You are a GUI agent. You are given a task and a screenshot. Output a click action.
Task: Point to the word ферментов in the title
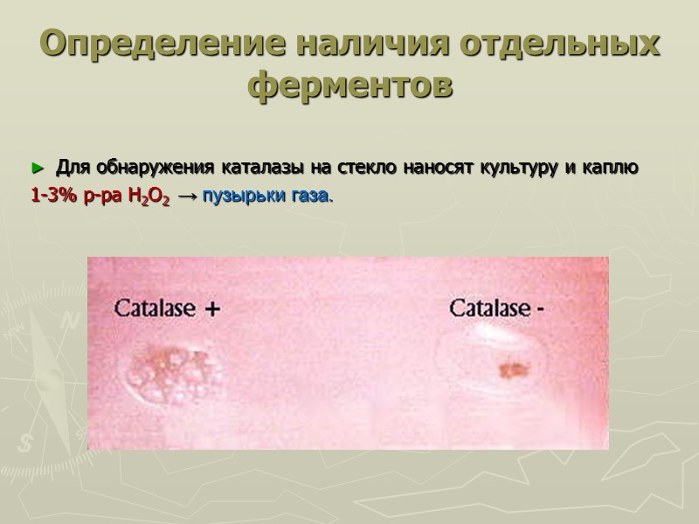click(351, 86)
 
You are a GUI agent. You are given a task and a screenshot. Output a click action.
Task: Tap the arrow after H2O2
click(186, 196)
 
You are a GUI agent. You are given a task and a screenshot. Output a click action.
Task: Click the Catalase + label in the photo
click(167, 308)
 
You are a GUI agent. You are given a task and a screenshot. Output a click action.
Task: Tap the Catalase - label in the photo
click(497, 307)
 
